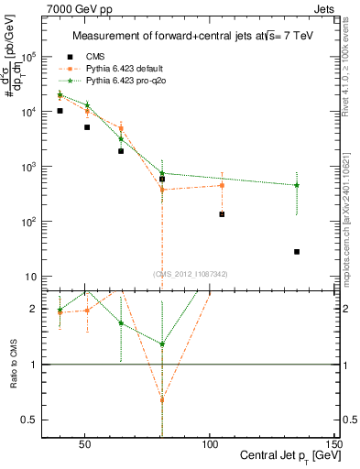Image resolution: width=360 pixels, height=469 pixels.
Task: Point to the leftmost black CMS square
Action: point(60,111)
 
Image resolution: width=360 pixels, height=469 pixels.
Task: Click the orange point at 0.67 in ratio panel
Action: point(162,399)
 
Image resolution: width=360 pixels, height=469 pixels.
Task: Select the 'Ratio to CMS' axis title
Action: point(14,365)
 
